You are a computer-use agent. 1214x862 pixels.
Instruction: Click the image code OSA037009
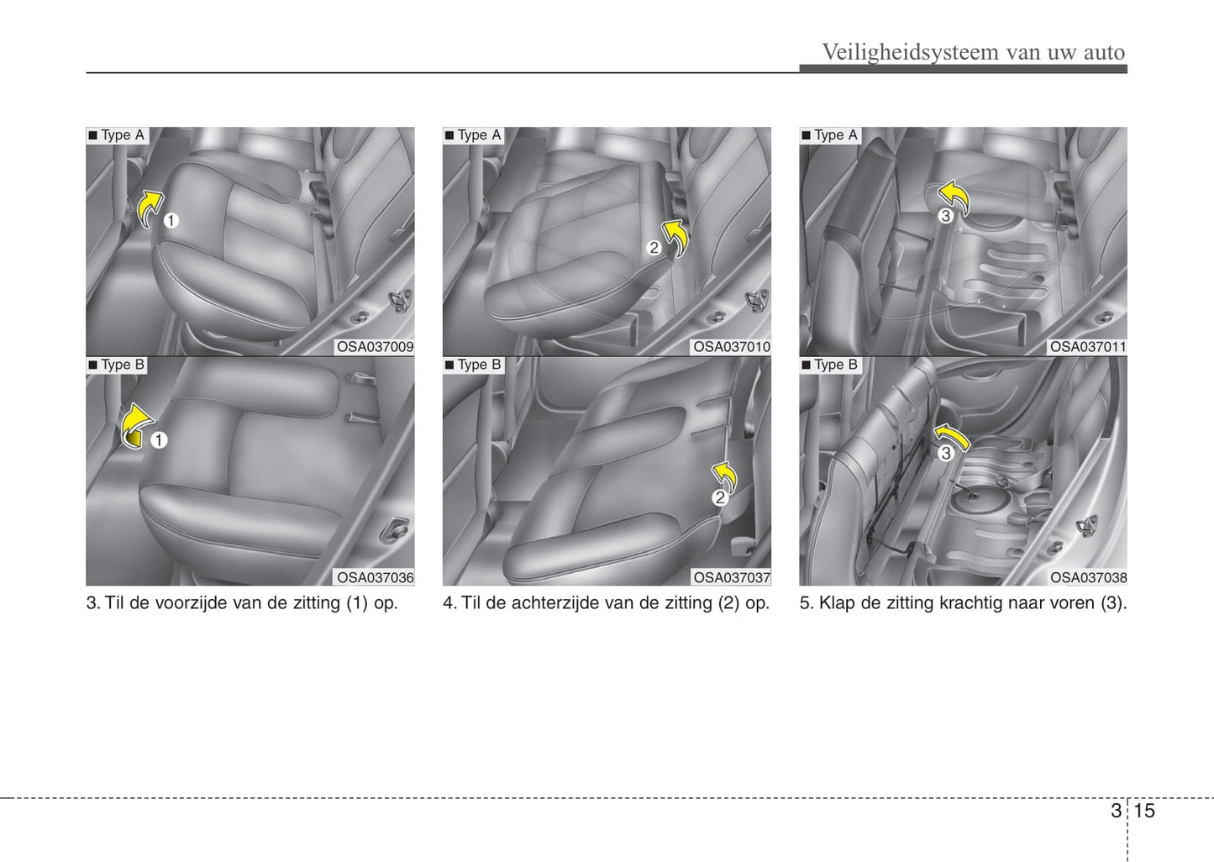pyautogui.click(x=375, y=347)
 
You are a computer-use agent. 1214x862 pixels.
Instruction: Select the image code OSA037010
pyautogui.click(x=732, y=347)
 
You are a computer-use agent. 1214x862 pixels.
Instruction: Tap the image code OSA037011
pyautogui.click(x=1088, y=347)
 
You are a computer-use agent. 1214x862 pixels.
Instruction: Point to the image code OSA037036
pyautogui.click(x=375, y=578)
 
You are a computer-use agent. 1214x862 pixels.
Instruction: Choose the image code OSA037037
pyautogui.click(x=732, y=578)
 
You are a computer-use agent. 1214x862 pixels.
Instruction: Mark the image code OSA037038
pyautogui.click(x=1088, y=578)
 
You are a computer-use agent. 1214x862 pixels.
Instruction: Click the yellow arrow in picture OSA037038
pyautogui.click(x=953, y=435)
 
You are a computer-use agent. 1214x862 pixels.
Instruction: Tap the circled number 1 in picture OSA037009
pyautogui.click(x=171, y=221)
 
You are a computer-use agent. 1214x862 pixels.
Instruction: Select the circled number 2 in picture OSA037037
pyautogui.click(x=720, y=497)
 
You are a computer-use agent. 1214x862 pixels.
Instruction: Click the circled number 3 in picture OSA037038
pyautogui.click(x=946, y=453)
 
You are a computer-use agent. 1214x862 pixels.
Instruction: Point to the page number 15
pyautogui.click(x=1144, y=811)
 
